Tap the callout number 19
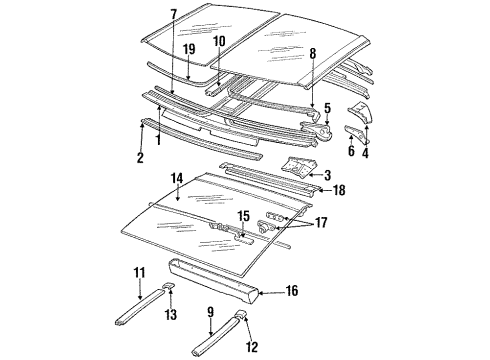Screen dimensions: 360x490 tap(188, 48)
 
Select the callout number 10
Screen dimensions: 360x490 tap(218, 40)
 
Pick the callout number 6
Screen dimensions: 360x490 tap(351, 151)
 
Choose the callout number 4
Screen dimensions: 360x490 tap(367, 152)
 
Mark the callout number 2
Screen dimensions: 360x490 tap(140, 158)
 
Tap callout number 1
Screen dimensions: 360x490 tap(158, 139)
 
